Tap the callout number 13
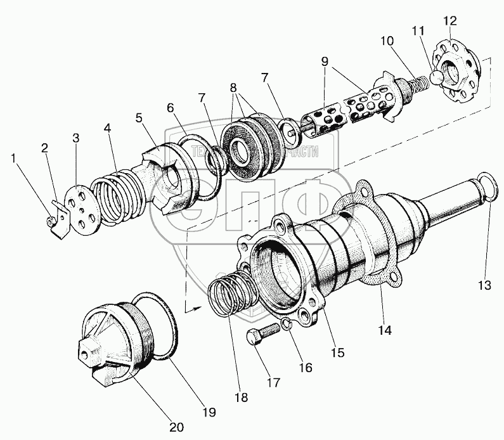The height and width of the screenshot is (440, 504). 485,285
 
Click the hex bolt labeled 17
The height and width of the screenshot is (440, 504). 265,335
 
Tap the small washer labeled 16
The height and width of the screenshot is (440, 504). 287,325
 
